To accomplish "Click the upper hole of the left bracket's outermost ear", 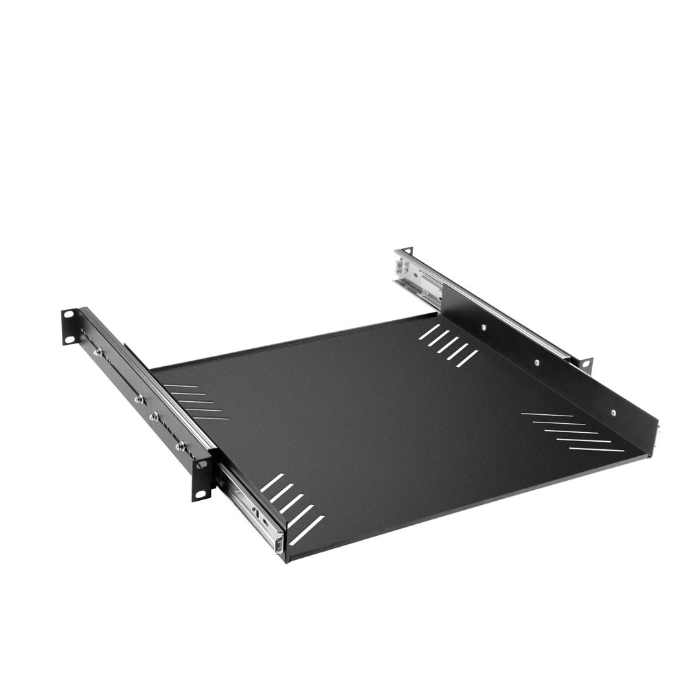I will click(x=69, y=315).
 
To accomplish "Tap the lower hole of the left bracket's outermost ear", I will click(x=69, y=338).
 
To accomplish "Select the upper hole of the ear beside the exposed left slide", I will click(x=201, y=465).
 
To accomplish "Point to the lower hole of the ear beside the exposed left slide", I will click(x=202, y=491).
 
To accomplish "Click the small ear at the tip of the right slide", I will click(x=407, y=250).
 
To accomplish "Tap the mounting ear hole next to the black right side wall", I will click(x=585, y=362).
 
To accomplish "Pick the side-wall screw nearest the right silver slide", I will click(x=484, y=328).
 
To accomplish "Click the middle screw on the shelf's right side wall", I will click(x=537, y=362).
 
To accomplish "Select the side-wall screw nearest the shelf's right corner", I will click(x=613, y=413).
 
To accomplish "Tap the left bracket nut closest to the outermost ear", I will click(x=98, y=352).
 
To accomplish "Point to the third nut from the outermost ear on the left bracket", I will click(x=154, y=416).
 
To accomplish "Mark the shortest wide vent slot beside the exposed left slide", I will click(x=272, y=482).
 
